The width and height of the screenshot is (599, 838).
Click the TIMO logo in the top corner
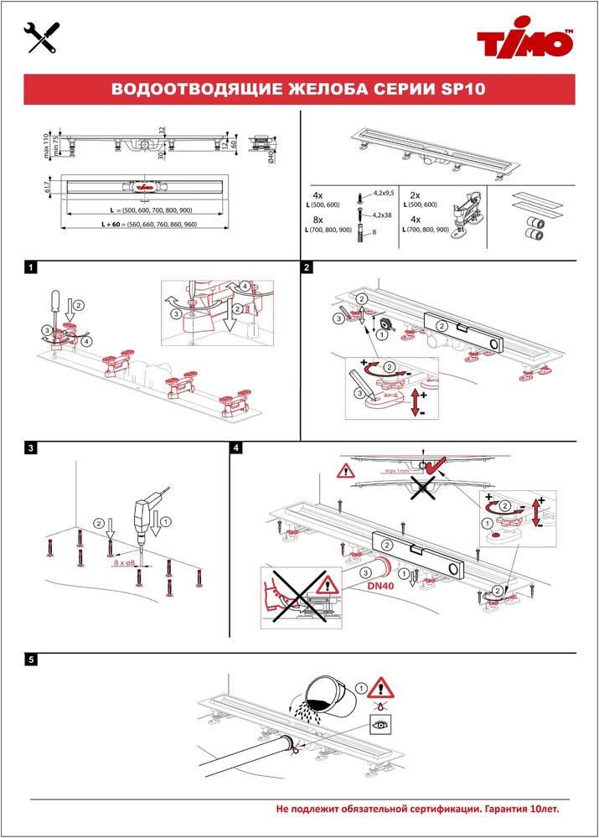click(525, 40)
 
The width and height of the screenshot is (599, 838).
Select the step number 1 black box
click(30, 267)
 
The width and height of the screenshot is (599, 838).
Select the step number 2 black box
click(307, 267)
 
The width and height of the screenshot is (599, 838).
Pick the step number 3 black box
click(30, 448)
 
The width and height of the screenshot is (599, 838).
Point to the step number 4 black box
click(238, 448)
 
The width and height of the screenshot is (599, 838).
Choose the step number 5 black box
click(30, 660)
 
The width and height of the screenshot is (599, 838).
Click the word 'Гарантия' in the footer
click(492, 810)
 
